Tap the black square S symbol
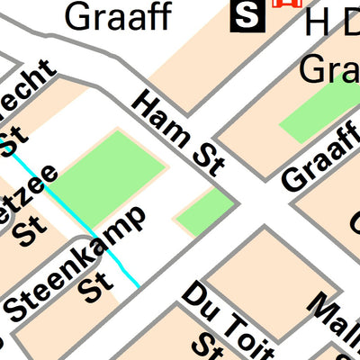[244, 13]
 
